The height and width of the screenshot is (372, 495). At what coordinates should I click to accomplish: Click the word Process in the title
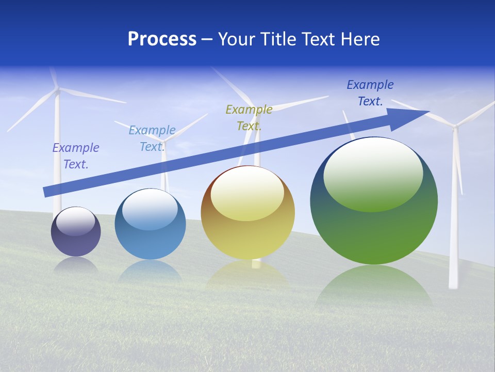point(162,39)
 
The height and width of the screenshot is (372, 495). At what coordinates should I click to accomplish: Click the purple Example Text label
point(76,156)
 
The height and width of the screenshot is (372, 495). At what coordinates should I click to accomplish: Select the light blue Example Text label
point(152,138)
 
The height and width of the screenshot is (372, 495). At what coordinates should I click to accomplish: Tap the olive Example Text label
point(249,117)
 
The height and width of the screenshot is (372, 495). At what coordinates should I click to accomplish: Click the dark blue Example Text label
point(370,93)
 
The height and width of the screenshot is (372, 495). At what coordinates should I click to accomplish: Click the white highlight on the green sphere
point(373,175)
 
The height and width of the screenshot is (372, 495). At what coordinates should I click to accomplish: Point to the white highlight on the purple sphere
point(76,221)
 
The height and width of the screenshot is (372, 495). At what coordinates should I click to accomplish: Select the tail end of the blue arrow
point(49,191)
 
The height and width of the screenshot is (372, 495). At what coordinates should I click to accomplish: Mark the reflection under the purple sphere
point(76,265)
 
